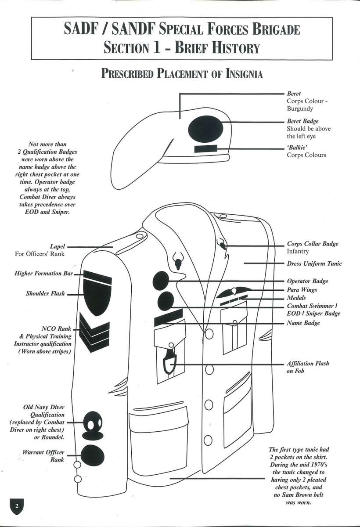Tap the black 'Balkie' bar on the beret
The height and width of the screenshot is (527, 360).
click(207, 149)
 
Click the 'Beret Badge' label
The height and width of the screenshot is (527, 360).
click(303, 121)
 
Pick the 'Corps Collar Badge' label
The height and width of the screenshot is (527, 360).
click(313, 244)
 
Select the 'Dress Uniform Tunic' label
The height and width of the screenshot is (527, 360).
click(314, 263)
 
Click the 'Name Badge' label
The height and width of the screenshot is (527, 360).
click(303, 323)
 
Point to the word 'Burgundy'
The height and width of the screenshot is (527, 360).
click(300, 108)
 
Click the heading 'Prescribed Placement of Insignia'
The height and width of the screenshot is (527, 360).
click(182, 73)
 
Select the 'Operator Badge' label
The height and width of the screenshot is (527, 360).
click(307, 281)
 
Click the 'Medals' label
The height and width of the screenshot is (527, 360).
click(296, 298)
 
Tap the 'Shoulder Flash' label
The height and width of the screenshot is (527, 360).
click(45, 293)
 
